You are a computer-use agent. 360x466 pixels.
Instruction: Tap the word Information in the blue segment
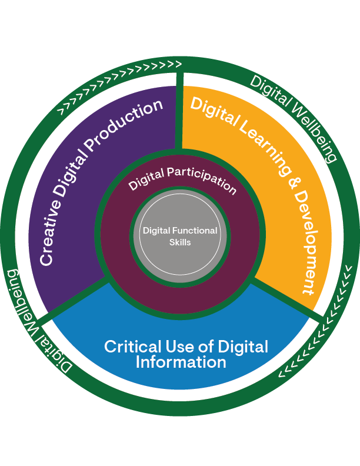[181, 362]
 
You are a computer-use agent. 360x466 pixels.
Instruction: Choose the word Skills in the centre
[180, 242]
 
